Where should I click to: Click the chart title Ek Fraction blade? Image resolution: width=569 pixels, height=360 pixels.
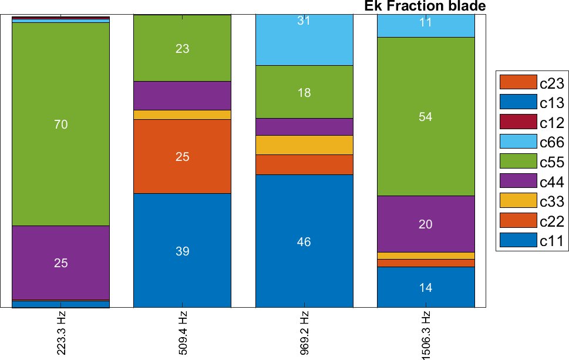tap(425, 6)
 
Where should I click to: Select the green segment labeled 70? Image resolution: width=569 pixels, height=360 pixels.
tap(61, 124)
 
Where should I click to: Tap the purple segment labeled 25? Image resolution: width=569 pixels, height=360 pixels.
tap(61, 263)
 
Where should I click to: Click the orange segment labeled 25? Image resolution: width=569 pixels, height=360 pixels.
tap(182, 156)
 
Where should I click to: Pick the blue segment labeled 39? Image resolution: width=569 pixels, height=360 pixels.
tap(182, 251)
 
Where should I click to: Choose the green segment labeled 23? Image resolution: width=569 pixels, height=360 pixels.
tap(182, 48)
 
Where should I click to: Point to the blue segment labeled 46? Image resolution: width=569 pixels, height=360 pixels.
tap(304, 241)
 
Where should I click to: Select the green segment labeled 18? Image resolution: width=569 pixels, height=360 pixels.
tap(304, 92)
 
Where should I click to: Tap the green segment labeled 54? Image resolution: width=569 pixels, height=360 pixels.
tap(426, 116)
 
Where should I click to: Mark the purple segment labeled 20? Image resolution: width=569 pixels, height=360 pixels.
tap(426, 224)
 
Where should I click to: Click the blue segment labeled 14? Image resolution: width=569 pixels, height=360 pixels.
tap(426, 287)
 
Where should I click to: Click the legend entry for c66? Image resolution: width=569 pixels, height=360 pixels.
tap(532, 142)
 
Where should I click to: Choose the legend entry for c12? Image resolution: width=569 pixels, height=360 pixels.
tap(532, 122)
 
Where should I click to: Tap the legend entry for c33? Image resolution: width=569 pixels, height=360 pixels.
tap(532, 201)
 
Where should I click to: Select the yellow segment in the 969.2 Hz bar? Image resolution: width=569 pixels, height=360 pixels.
tap(304, 145)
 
